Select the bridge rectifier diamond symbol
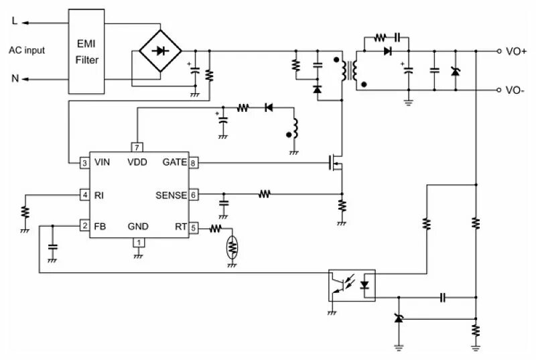[160, 51]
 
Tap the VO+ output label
[516, 51]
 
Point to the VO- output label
[515, 91]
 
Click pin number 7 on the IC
[137, 147]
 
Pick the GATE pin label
[175, 162]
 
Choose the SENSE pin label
[172, 195]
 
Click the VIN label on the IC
[103, 162]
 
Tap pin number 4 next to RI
[85, 195]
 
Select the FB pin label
[100, 227]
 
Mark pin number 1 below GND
[139, 243]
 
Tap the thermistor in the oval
[232, 247]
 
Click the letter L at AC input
[14, 21]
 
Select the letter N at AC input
[15, 78]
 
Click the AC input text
[27, 50]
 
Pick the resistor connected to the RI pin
[25, 212]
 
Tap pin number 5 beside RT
[194, 228]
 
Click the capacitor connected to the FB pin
[53, 247]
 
